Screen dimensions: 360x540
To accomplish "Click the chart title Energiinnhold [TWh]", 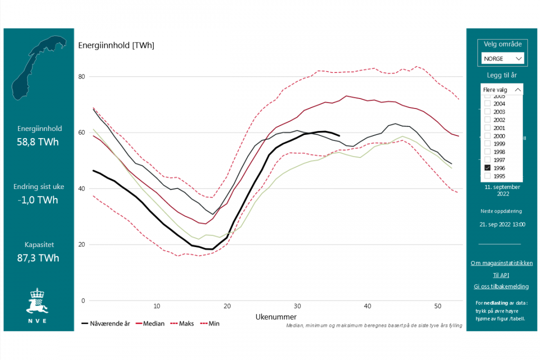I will pos(116,45).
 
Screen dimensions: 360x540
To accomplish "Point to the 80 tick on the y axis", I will pos(81,76).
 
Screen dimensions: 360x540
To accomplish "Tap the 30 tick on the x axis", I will pos(297,306).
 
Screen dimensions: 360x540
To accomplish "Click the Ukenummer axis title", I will pos(276,317).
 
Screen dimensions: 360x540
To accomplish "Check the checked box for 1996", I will pos(487,168).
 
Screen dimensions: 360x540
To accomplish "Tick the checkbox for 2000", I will pos(487,136).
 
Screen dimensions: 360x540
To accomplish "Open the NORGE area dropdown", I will pos(502,58).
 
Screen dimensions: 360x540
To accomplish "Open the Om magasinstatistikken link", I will pos(501,263).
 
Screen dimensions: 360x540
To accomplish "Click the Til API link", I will pos(501,275).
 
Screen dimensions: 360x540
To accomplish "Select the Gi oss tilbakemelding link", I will pos(501,286).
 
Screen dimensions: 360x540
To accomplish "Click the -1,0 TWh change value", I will pos(39,200).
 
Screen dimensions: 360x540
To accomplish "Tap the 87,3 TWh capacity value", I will pos(39,258).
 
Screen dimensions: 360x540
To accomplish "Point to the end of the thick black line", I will pos(339,135).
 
